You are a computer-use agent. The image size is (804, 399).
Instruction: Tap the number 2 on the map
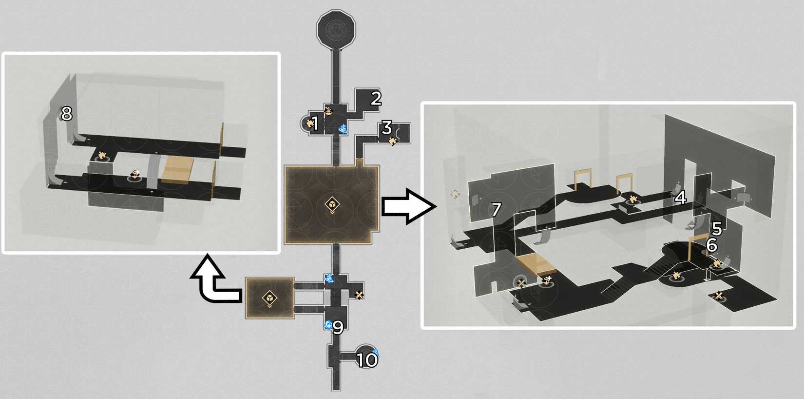coord(376,98)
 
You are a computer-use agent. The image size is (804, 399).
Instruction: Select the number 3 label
coord(386,128)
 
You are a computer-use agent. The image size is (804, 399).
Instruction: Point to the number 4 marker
coord(680,198)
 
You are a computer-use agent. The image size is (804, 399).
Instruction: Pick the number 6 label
coord(711,245)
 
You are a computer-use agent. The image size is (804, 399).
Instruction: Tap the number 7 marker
coord(496,210)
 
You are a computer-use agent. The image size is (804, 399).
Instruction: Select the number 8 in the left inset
coord(66,114)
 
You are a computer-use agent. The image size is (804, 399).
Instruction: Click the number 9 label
coord(338,327)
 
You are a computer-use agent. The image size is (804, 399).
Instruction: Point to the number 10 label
coord(367,360)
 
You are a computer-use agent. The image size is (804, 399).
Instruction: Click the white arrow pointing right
coord(408,207)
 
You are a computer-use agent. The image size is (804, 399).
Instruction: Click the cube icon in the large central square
coord(332,205)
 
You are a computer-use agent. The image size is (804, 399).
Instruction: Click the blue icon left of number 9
coord(327,325)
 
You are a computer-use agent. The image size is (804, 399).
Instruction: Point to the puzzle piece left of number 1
coord(309,124)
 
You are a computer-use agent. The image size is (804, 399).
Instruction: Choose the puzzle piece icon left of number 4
coord(632,199)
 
